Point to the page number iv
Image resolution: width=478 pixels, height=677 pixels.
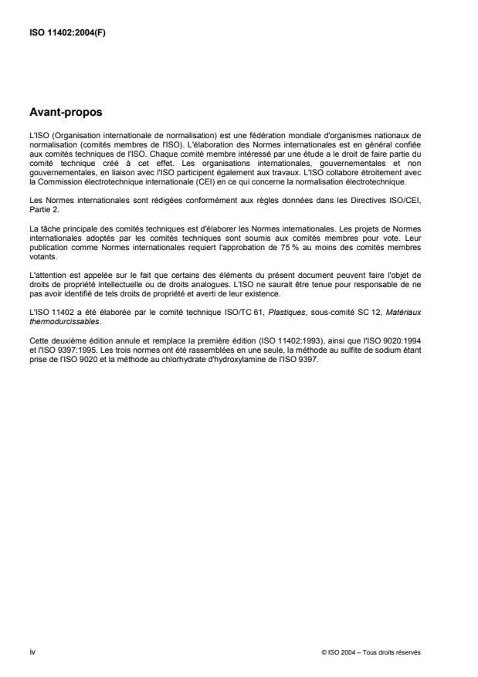pos(32,652)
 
